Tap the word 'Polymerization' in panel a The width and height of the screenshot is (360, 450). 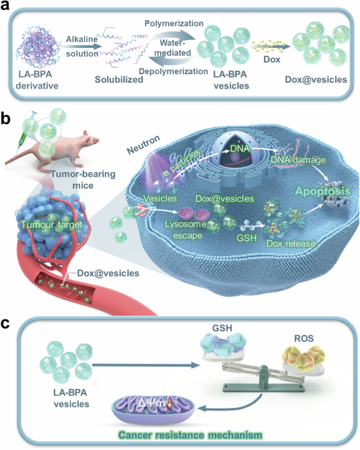tap(174, 23)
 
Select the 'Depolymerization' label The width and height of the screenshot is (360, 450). tap(173, 71)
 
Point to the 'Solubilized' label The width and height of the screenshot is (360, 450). tap(119, 79)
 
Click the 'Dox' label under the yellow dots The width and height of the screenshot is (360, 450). tap(271, 59)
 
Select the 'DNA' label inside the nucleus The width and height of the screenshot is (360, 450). tap(240, 148)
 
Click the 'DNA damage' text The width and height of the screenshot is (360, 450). tap(298, 160)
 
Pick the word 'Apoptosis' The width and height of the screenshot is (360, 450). tap(323, 191)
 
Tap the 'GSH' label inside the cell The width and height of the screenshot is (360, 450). tap(246, 238)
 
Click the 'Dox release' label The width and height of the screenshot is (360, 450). tap(291, 244)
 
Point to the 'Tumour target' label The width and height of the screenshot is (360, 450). tap(52, 225)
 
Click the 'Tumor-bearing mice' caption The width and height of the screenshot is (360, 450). tap(83, 179)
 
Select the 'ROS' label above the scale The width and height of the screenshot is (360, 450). tap(304, 338)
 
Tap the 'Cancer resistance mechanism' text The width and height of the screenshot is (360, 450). tap(191, 435)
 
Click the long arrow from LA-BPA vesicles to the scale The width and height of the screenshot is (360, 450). tap(146, 365)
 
